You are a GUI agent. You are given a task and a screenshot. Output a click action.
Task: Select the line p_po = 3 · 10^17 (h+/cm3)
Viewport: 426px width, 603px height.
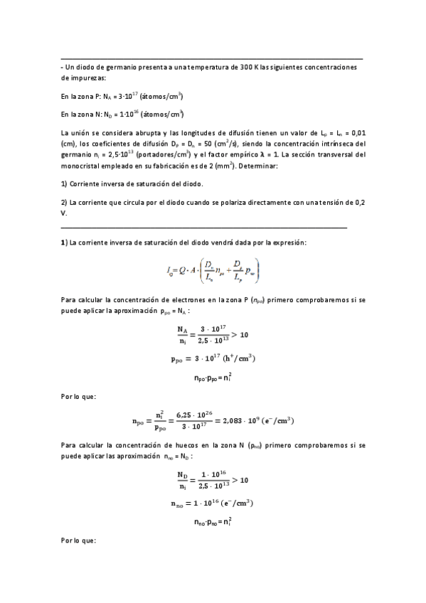coord(213,358)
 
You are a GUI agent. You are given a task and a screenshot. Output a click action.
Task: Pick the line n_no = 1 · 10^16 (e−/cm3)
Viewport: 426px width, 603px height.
coord(213,503)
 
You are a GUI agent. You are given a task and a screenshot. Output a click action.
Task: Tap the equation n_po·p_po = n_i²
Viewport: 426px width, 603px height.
coord(213,379)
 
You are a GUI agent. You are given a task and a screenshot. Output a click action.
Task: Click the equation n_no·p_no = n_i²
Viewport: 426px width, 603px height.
coord(213,523)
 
